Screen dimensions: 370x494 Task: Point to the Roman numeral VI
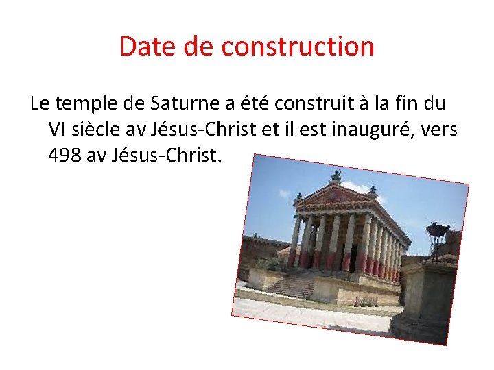click(x=58, y=130)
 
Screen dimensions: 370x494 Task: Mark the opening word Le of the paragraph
click(x=39, y=104)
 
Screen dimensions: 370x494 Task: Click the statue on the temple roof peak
click(x=336, y=176)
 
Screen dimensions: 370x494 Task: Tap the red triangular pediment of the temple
click(x=334, y=195)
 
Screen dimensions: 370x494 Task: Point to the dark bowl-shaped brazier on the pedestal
click(x=437, y=230)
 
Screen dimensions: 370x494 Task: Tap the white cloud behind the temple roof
click(x=357, y=186)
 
